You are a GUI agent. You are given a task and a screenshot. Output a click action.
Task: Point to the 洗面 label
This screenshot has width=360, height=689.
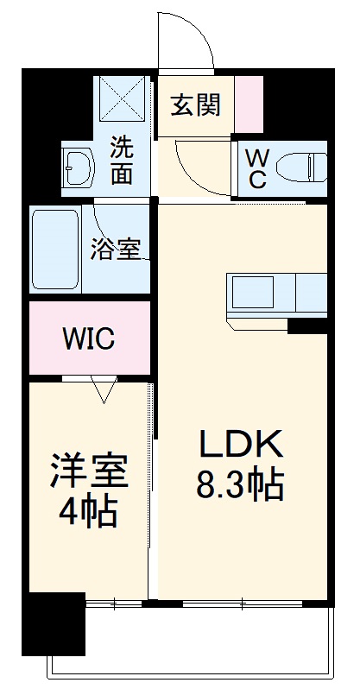(x=123, y=160)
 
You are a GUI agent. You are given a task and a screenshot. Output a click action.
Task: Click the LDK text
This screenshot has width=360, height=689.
(x=242, y=446)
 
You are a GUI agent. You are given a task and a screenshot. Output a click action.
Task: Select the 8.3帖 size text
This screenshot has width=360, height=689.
(x=241, y=486)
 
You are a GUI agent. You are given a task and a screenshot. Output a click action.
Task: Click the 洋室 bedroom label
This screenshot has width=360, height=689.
(x=89, y=471)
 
